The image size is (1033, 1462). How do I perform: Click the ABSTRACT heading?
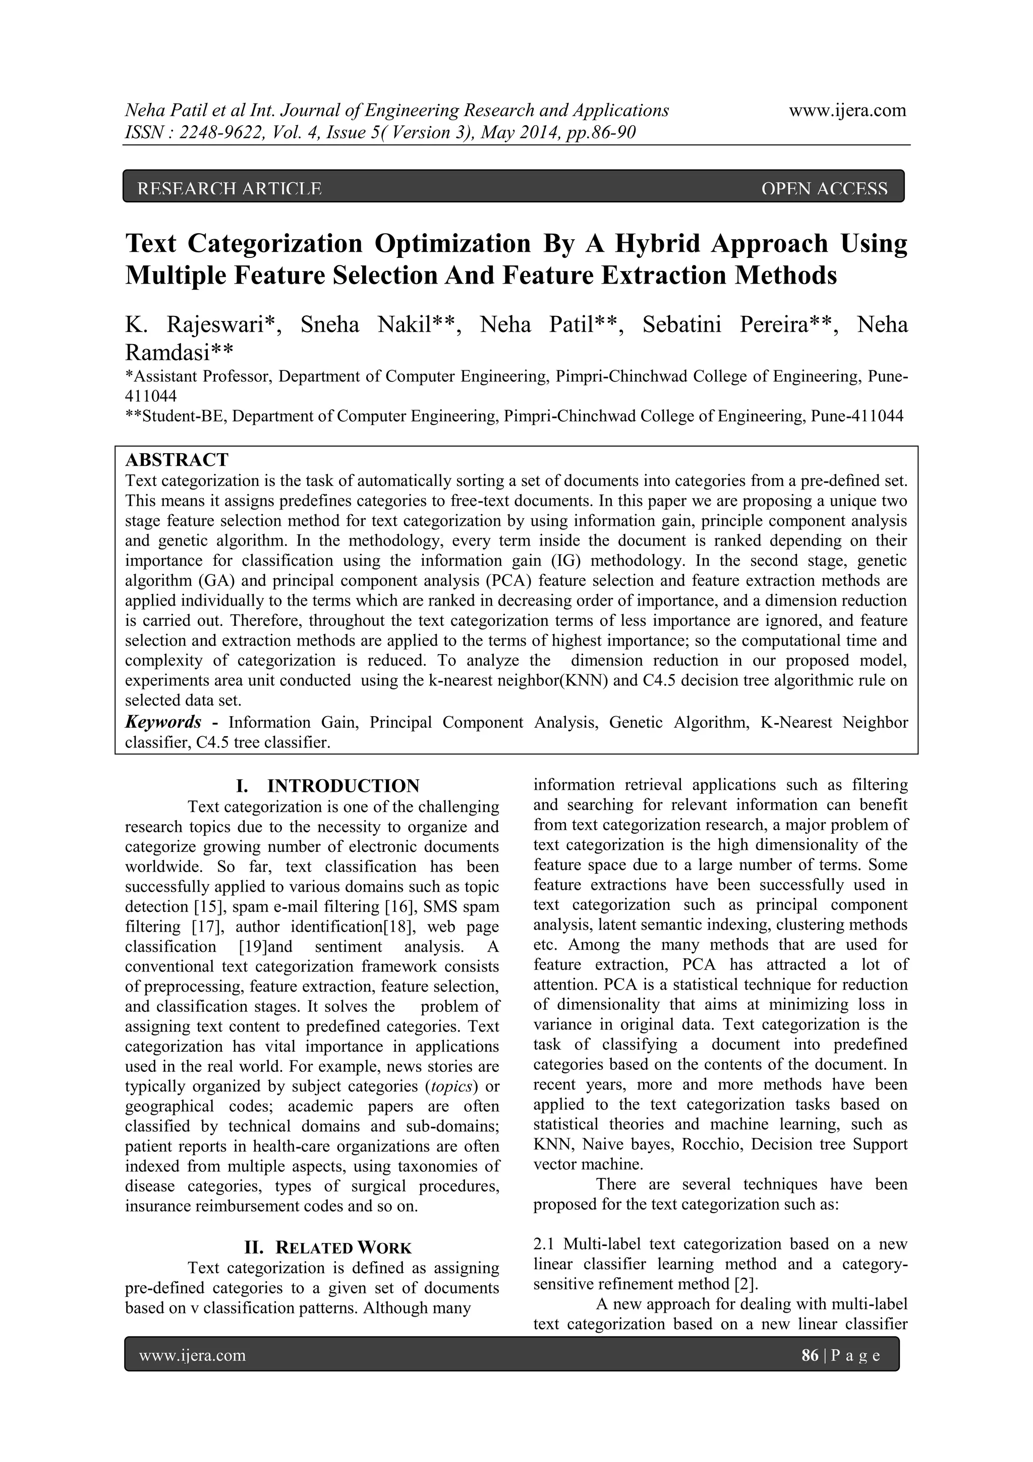point(177,459)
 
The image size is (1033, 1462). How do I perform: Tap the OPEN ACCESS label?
point(824,188)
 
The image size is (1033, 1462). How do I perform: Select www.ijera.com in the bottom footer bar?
point(192,1355)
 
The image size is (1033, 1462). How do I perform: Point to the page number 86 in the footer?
point(810,1355)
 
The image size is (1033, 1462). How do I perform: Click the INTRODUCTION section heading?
point(343,785)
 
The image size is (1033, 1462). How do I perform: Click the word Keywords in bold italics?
point(163,722)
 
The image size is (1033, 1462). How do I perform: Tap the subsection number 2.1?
point(545,1243)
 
